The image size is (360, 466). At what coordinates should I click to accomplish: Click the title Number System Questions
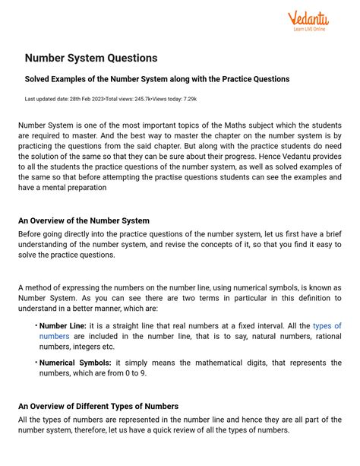point(91,58)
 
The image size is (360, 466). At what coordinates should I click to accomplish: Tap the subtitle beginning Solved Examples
point(156,79)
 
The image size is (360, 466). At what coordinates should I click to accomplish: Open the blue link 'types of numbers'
point(327,325)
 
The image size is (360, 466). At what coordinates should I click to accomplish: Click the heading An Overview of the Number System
point(84,220)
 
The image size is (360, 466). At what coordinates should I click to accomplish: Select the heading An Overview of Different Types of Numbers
point(98,406)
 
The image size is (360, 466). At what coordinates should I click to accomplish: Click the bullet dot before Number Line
point(36,325)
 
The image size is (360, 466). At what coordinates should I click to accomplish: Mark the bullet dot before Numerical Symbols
point(36,363)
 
